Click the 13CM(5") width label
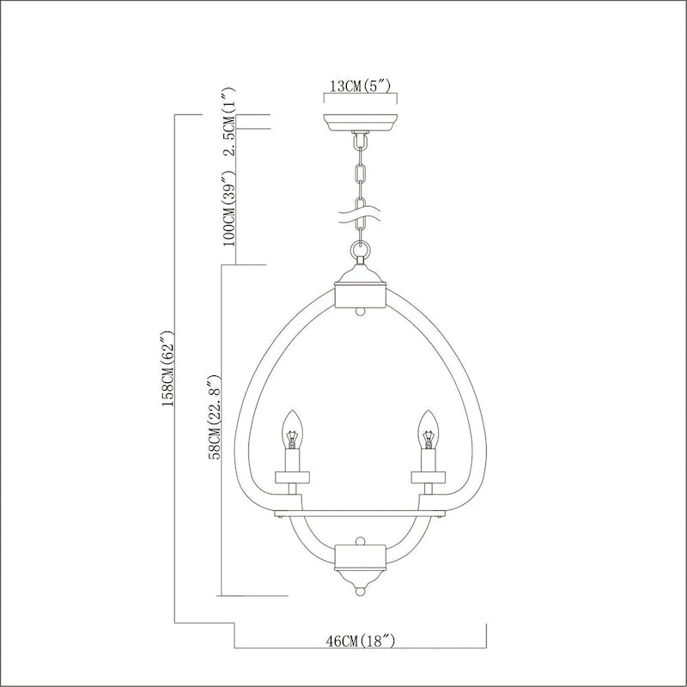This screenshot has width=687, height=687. click(x=361, y=87)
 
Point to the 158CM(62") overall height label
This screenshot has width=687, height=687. click(x=168, y=369)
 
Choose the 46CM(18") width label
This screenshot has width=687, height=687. click(x=361, y=641)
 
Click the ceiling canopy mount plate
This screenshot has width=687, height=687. click(x=361, y=121)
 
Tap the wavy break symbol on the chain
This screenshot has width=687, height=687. click(x=361, y=209)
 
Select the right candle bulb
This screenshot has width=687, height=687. click(x=427, y=435)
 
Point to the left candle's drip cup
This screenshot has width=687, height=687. click(x=294, y=475)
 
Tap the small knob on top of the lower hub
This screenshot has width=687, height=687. click(x=361, y=541)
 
